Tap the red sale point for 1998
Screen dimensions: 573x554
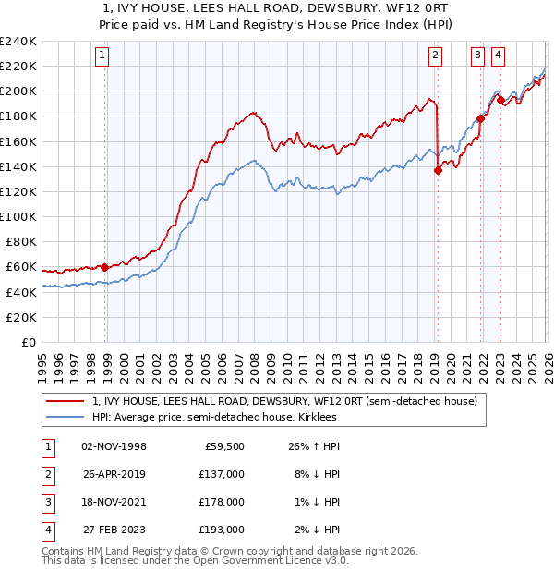click(x=104, y=267)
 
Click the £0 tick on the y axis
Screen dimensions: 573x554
click(x=30, y=342)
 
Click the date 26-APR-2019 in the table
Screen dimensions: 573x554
click(x=114, y=473)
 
